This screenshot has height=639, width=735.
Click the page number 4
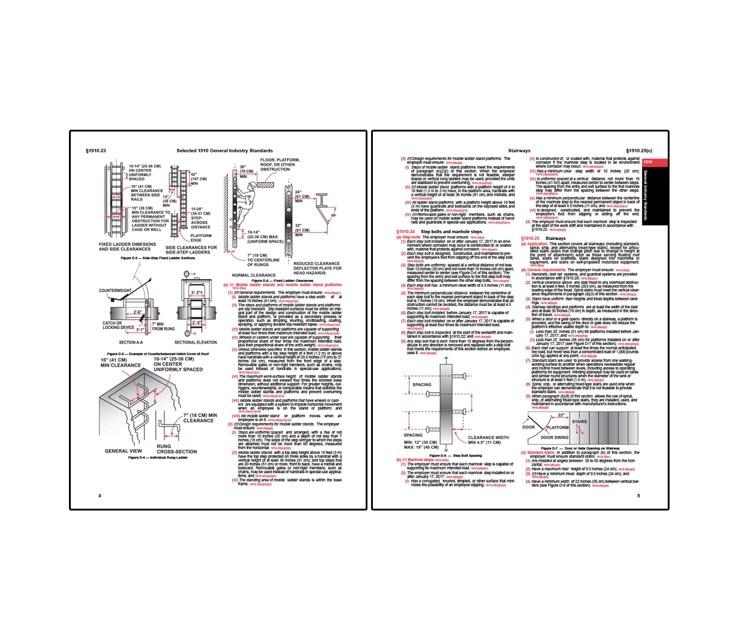[100, 496]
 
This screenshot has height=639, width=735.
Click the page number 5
[639, 496]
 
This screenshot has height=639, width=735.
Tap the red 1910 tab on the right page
[648, 162]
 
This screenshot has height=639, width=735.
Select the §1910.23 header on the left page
[96, 151]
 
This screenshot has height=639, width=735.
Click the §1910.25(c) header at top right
[639, 151]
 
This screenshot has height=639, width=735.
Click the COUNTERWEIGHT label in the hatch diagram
[115, 290]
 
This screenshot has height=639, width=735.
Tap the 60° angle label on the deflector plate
[334, 215]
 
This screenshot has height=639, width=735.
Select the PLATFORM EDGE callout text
[201, 238]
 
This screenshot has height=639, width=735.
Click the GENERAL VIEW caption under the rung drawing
[123, 451]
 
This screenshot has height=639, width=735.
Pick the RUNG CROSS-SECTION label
[177, 449]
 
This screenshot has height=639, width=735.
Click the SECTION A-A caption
[131, 342]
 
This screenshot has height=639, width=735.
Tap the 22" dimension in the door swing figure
[561, 415]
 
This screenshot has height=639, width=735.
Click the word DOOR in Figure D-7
[529, 427]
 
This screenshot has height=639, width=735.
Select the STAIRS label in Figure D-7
[579, 421]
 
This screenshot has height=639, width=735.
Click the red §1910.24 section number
[406, 231]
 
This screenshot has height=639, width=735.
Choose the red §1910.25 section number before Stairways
[530, 238]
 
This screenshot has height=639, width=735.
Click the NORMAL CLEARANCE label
[254, 275]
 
